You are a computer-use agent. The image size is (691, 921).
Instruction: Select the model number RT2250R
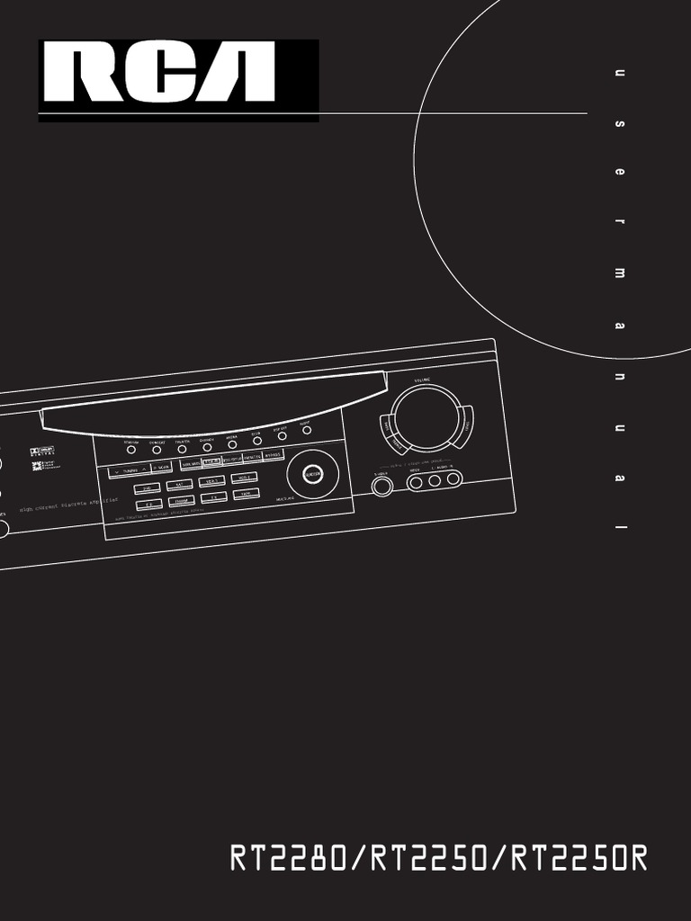click(x=579, y=858)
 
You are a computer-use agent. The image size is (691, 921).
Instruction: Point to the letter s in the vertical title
click(x=619, y=123)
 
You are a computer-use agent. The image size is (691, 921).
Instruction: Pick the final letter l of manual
click(x=619, y=525)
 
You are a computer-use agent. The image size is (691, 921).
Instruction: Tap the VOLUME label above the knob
click(x=423, y=380)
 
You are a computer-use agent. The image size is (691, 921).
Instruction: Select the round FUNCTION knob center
click(x=313, y=473)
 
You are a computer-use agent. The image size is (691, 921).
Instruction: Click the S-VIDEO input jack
click(x=382, y=486)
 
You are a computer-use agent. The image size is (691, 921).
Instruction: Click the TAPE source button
click(x=246, y=494)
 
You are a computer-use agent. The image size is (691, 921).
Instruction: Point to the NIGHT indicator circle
click(x=307, y=431)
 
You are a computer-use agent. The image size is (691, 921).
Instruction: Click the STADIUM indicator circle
click(x=131, y=449)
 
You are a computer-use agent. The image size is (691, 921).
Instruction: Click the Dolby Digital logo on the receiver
click(x=42, y=453)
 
